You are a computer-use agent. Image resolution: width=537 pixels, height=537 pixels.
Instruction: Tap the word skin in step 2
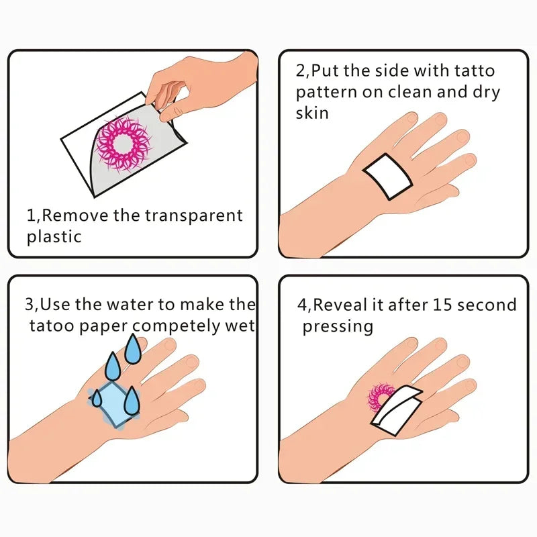click(x=312, y=113)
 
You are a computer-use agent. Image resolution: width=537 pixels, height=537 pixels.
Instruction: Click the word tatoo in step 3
click(x=50, y=326)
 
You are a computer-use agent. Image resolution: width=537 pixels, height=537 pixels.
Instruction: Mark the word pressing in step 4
click(x=337, y=327)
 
